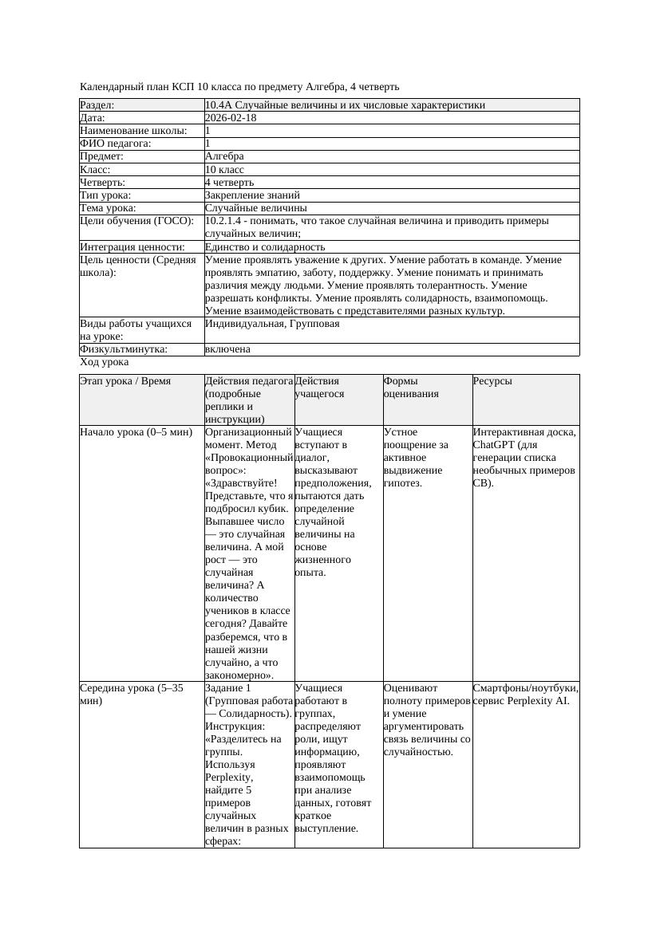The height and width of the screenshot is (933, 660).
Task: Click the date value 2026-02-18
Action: click(x=231, y=118)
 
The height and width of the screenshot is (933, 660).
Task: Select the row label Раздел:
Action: click(x=97, y=105)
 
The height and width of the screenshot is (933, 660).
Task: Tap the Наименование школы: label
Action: click(x=134, y=131)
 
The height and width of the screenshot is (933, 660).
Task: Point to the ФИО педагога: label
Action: click(x=116, y=144)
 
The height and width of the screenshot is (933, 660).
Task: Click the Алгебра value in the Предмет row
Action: click(x=224, y=156)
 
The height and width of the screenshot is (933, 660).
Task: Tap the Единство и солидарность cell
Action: click(x=265, y=247)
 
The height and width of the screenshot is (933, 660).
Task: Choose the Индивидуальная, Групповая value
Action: click(x=272, y=324)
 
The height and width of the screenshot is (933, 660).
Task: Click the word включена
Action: click(x=227, y=349)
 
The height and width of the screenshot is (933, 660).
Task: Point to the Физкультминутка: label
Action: click(x=124, y=349)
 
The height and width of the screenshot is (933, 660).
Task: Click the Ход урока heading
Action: click(x=104, y=362)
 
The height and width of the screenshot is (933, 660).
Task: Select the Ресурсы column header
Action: click(x=492, y=381)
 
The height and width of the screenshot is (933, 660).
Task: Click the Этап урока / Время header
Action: click(x=125, y=381)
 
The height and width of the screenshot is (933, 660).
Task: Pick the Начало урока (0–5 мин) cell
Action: click(x=136, y=432)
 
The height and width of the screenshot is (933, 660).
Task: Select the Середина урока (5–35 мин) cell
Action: click(x=132, y=694)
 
